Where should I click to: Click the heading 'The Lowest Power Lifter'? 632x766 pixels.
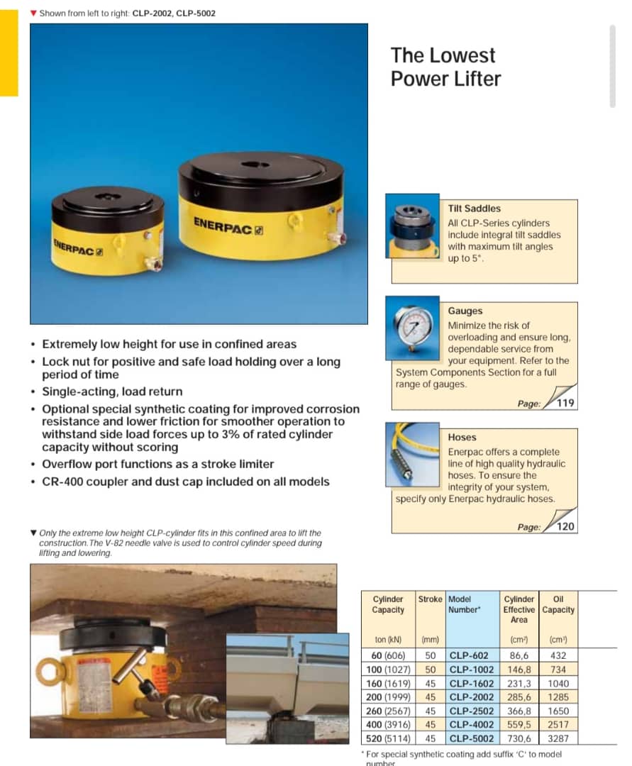pos(445,67)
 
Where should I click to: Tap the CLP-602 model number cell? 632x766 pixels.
pos(469,655)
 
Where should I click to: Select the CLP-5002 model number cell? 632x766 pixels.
pos(472,738)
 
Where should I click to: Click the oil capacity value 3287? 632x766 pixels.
pos(558,738)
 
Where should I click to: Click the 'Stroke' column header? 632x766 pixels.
pos(430,599)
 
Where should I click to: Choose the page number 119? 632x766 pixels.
pos(565,404)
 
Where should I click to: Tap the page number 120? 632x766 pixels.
pos(565,526)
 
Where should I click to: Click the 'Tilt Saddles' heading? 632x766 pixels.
pos(474,209)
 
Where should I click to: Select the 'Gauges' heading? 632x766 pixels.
pos(465,311)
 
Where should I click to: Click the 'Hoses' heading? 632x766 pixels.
pos(462,437)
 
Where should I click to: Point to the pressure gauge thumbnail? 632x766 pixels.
pos(416,327)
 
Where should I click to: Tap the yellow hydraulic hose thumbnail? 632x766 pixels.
pos(416,454)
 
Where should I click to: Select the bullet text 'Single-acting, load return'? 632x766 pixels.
pos(112,392)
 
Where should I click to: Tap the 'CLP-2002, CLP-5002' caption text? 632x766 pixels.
pos(174,13)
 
